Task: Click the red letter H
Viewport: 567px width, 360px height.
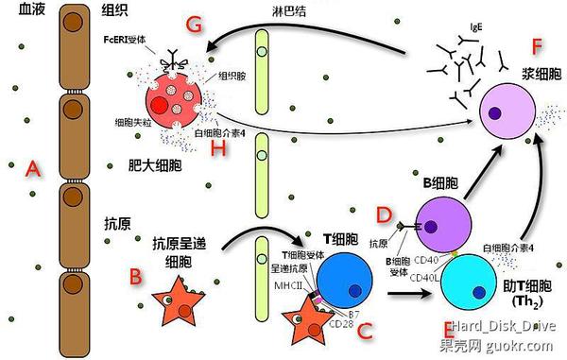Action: (218, 149)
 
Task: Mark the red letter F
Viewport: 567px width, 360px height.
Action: (537, 45)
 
